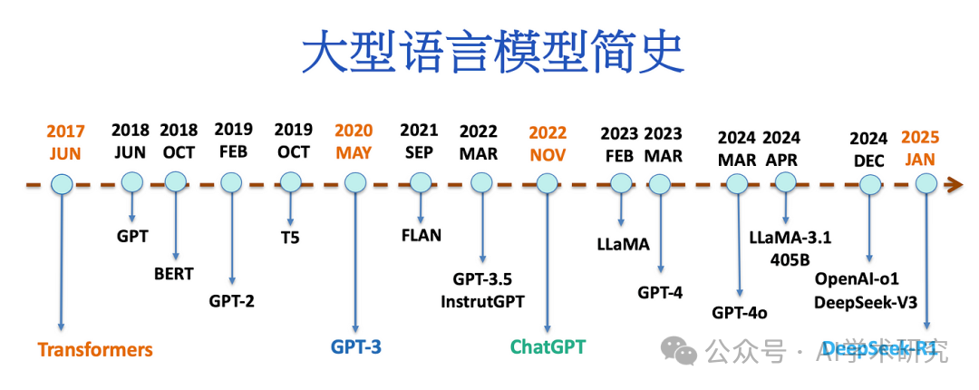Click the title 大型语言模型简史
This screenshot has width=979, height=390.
pos(490,54)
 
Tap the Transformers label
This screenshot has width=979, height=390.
pos(95,350)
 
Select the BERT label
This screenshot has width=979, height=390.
pos(173,273)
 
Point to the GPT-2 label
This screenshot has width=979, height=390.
pos(231,300)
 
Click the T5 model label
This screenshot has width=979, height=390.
pos(290,239)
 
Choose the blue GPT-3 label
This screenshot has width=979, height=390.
pos(355,346)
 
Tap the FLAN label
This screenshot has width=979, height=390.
pos(421,236)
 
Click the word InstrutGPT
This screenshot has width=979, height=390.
pos(482,300)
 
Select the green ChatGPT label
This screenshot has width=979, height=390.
pos(548,346)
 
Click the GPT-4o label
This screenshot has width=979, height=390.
pos(740,313)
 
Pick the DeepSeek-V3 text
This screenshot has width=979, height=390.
pos(868,300)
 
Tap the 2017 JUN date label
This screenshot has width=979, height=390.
pos(64,141)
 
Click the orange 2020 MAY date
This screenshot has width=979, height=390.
pos(354,141)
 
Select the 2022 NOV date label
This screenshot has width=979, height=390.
pos(548,141)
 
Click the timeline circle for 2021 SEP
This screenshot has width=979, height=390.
pos(420,182)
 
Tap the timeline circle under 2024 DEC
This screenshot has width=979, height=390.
pos(870,184)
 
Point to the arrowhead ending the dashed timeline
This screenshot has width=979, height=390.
pos(954,185)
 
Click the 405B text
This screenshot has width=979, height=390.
pos(790,258)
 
